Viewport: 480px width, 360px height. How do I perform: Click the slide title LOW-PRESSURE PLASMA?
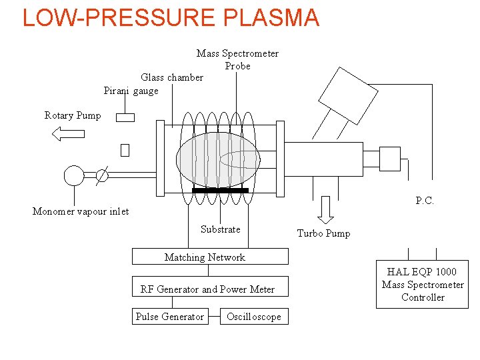171,17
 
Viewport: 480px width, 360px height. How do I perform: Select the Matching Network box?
210,257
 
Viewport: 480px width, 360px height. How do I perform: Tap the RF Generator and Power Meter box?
210,289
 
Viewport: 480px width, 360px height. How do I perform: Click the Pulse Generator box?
169,317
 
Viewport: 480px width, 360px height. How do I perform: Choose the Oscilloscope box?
254,317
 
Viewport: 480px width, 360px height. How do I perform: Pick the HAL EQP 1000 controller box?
422,284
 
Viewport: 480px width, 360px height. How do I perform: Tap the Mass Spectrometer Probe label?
237,59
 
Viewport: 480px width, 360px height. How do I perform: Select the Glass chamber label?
172,77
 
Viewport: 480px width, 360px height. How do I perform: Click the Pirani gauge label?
131,91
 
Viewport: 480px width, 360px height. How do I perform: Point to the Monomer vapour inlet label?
81,211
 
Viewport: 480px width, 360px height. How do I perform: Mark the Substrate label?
220,229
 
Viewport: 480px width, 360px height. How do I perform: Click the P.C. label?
425,201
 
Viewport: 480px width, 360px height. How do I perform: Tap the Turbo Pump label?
323,233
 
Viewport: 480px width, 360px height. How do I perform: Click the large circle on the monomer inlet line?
73,175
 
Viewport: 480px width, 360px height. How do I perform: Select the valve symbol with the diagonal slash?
101,175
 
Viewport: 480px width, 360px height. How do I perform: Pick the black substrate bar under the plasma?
220,191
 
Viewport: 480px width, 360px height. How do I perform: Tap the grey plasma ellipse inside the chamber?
217,159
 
